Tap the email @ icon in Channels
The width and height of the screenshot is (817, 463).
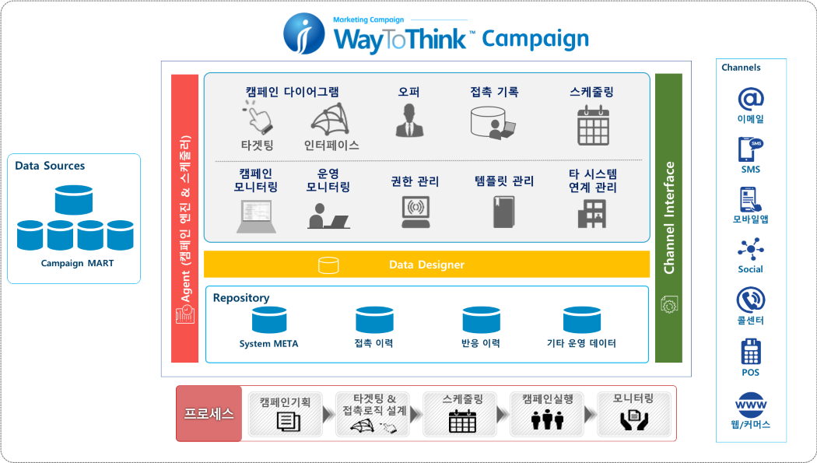tap(750, 98)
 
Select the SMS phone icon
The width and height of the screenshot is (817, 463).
tap(750, 148)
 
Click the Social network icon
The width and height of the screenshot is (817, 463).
tap(750, 250)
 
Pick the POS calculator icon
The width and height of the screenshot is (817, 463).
tap(750, 353)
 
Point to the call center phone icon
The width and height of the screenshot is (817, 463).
tap(750, 300)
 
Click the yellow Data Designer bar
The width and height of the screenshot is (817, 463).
tap(426, 265)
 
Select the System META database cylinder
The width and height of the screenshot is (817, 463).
tap(268, 321)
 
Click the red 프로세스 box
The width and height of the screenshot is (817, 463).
tap(209, 413)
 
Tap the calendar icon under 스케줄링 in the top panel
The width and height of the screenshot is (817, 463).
tap(593, 125)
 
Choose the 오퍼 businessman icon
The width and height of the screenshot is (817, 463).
tap(408, 121)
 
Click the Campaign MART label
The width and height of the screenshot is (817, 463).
tap(77, 263)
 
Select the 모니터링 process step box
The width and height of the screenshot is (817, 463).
tap(633, 413)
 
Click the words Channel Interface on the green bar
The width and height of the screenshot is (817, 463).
tap(668, 218)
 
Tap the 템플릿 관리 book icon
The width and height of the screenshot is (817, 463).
tap(503, 212)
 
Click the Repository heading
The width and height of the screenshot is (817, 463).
tap(241, 297)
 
